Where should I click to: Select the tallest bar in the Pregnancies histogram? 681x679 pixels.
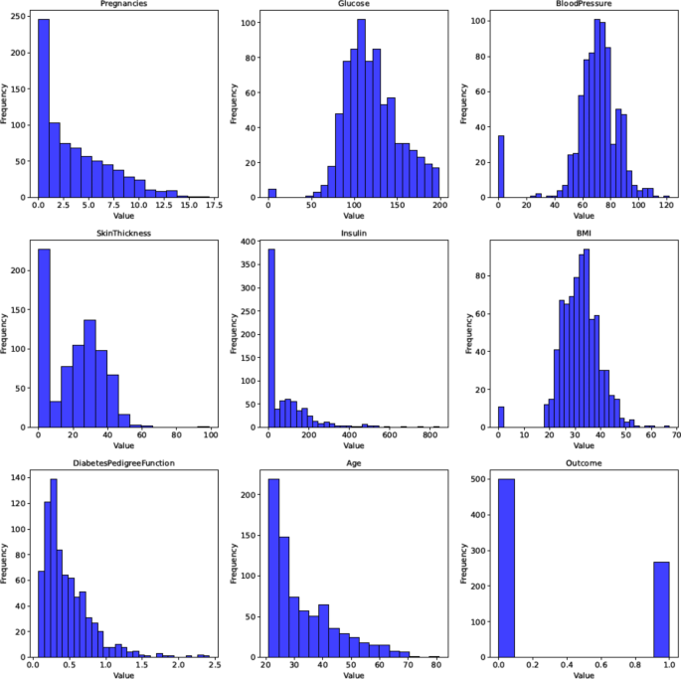coord(44,109)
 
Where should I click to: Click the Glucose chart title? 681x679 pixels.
coord(353,4)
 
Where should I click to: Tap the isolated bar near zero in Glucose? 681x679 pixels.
coord(272,193)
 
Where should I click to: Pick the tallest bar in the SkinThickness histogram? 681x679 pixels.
coord(44,328)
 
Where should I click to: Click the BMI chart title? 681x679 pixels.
coord(583,234)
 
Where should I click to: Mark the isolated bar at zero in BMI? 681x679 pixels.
coord(501,417)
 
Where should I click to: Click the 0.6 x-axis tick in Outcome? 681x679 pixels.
coord(599,664)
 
